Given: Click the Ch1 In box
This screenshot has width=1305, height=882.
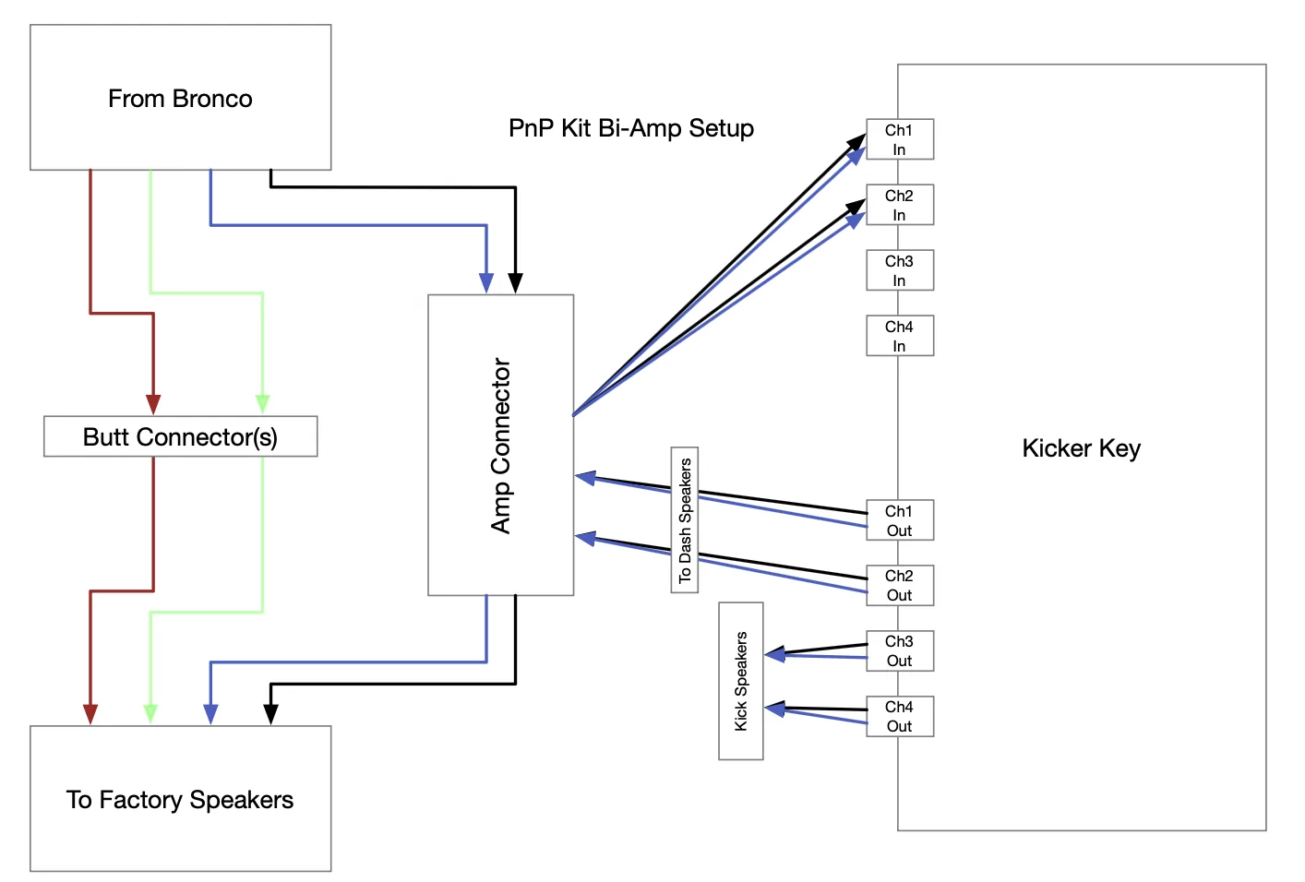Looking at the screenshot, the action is tap(900, 139).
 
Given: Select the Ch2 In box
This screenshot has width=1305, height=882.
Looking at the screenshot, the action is tap(900, 205).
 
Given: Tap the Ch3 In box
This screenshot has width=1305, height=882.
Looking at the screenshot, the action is tap(900, 270).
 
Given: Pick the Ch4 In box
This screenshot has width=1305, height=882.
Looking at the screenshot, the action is tap(900, 336).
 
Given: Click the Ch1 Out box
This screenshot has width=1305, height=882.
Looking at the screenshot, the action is tap(900, 520).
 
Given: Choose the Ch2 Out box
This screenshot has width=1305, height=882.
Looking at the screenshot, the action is tap(900, 586).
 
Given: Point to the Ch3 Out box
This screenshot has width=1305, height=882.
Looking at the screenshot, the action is tap(900, 650).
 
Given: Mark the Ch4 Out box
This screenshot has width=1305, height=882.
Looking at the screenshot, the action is tap(900, 717).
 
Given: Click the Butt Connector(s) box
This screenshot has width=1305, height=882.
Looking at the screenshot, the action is tap(181, 436).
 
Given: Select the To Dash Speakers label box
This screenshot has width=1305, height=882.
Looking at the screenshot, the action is tap(685, 520).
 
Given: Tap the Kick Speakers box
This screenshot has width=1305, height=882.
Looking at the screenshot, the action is tap(740, 681).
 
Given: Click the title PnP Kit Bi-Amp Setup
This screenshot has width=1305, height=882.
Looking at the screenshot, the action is tap(631, 128).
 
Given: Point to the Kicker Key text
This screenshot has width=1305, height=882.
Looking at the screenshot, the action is tap(1082, 448).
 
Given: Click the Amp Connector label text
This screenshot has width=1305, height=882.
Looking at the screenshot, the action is tap(500, 446).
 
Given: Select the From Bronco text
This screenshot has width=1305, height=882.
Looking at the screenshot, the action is tap(180, 99).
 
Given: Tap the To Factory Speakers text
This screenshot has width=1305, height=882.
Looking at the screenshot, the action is tap(180, 800).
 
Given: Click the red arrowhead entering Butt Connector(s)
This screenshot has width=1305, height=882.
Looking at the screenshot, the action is tap(153, 404).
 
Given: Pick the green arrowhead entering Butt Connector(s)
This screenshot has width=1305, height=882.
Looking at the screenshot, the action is tap(263, 404).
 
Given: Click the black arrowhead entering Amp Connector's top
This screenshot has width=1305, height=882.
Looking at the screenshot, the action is tap(516, 283).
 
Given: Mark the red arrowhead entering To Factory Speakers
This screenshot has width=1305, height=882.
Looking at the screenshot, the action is tap(90, 714).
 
